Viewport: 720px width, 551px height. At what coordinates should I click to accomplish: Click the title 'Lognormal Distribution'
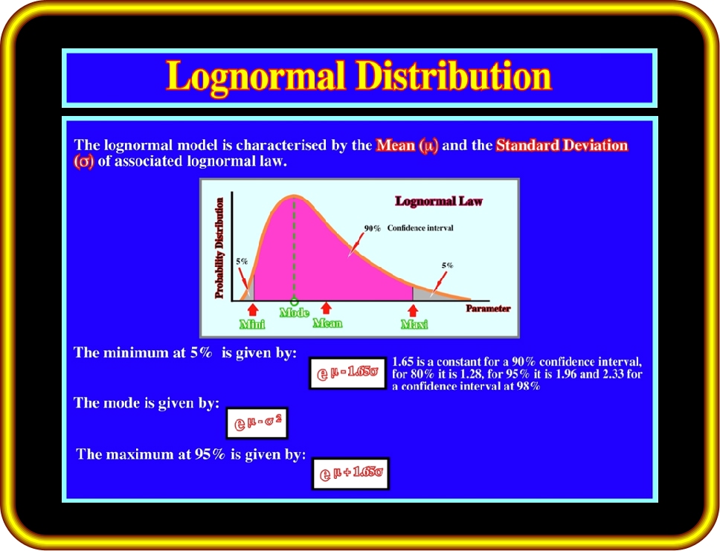(359, 77)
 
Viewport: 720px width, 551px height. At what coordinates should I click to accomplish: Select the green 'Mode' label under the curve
(295, 313)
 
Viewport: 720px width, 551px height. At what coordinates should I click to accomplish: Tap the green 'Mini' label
(252, 324)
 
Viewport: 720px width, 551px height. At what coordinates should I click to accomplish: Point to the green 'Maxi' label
(414, 325)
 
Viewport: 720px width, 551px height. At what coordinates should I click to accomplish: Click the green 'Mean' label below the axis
(327, 323)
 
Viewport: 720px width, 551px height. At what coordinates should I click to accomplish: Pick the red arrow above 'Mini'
(253, 309)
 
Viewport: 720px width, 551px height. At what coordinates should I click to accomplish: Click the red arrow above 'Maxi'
(413, 310)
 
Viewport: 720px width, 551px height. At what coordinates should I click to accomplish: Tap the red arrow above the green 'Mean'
(326, 308)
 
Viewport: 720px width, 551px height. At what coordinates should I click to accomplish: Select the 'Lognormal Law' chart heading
(439, 201)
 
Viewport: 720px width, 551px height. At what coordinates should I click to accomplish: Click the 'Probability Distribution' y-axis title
(219, 248)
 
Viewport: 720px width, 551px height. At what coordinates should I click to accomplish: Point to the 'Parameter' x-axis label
(488, 309)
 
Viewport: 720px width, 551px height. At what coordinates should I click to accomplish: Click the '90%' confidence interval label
(373, 228)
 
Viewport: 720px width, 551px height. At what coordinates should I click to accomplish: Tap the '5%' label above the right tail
(447, 265)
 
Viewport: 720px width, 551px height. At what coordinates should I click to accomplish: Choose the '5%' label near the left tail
(242, 261)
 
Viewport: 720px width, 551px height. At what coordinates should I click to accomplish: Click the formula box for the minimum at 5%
(347, 373)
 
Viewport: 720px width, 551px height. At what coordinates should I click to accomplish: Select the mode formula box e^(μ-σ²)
(257, 423)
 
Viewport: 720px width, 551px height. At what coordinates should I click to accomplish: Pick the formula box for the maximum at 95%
(350, 474)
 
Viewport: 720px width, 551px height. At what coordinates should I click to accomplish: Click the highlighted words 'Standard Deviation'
(562, 145)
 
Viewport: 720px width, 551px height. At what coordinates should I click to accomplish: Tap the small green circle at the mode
(295, 302)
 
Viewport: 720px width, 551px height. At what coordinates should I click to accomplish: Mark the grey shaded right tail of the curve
(427, 294)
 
